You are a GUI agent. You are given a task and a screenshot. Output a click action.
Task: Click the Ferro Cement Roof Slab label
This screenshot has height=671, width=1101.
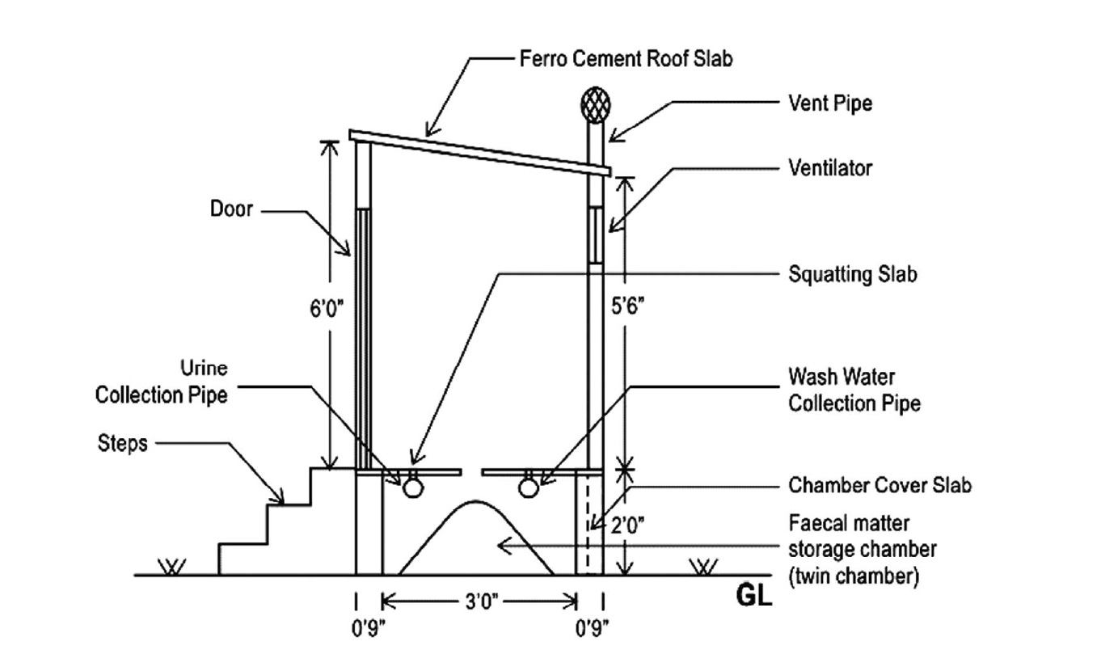point(626,58)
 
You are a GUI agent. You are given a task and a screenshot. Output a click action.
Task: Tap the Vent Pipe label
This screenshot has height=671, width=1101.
point(830,103)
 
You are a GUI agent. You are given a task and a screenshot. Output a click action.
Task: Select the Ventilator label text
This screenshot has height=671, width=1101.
point(830,168)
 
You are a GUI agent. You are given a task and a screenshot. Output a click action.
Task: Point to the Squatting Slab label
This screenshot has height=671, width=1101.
point(853,274)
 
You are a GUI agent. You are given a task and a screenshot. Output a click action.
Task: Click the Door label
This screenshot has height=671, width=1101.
point(231,209)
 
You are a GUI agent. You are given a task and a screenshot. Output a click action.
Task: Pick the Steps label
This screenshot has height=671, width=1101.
point(122,443)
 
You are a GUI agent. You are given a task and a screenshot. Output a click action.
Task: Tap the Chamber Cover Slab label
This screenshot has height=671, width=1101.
point(880,485)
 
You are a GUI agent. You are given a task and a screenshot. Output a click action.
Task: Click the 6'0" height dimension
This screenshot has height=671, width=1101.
point(326,309)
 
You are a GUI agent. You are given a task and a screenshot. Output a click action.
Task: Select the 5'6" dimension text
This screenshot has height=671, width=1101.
point(627,306)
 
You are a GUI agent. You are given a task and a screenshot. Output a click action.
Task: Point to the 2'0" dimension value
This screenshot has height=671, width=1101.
point(627,526)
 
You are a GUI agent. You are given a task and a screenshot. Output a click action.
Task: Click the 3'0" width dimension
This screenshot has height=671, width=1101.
point(482,601)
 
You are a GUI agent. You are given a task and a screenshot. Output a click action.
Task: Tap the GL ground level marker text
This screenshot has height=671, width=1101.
point(754,596)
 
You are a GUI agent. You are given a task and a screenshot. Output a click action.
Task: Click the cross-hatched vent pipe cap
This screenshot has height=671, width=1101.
point(596,104)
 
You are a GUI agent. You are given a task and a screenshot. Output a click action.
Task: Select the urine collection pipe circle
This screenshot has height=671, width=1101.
point(413,488)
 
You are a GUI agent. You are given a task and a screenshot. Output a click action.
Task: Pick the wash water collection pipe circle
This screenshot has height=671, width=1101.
point(529,488)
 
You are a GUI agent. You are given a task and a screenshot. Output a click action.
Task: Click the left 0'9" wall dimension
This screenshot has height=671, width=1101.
point(368,628)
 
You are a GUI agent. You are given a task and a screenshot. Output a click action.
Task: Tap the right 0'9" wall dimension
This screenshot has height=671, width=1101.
point(592,628)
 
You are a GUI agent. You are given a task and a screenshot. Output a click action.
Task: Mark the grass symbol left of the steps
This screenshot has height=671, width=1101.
point(172,566)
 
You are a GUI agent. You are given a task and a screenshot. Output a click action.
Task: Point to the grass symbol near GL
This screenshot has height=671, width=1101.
point(703,566)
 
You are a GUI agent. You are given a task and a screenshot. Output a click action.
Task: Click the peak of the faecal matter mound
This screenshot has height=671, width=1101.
point(475,501)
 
